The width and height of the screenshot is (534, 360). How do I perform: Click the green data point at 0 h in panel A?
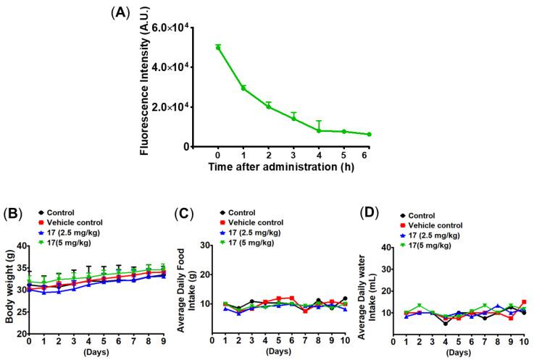coord(217,47)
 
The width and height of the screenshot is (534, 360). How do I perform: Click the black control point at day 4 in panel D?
coord(425,323)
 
